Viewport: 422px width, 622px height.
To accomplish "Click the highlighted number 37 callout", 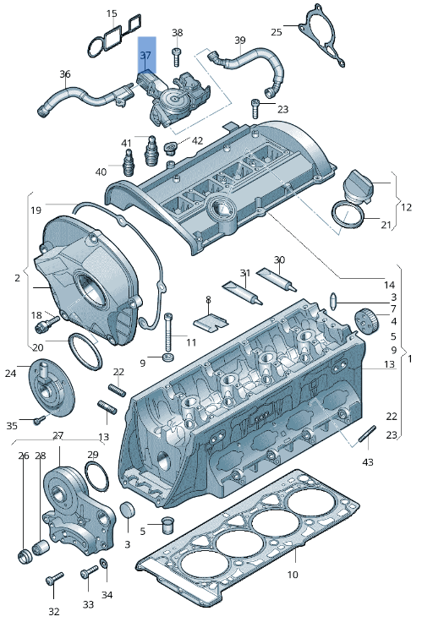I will pos(146,56).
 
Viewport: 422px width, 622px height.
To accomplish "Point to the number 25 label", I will pos(277,32).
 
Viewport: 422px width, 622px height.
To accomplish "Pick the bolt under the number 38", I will pos(177,57).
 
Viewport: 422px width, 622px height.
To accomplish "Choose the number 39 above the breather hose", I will pos(239,40).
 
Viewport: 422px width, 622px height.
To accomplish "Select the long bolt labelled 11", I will pos(169,330).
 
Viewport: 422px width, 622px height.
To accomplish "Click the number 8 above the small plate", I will pos(208,299).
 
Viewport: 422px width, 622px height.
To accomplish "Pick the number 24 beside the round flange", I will pos(10,373).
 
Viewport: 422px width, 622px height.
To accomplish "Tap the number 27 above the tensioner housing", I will pos(58,436).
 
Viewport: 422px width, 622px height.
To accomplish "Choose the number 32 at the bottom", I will pos(53,611).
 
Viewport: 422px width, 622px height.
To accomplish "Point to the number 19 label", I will pos(36,210).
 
